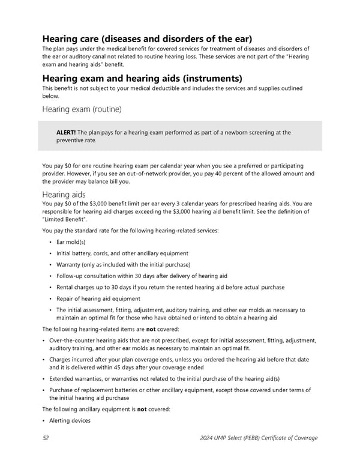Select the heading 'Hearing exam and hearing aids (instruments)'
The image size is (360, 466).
point(142,78)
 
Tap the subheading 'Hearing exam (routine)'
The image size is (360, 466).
point(82,109)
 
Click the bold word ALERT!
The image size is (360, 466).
point(65,133)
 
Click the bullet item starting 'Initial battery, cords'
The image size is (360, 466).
point(122,253)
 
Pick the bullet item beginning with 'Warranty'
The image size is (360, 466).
point(123,265)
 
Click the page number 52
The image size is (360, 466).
point(46,438)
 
